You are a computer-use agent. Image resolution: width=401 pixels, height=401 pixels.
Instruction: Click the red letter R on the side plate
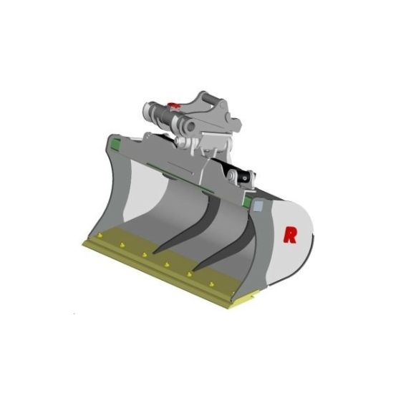tap(290, 234)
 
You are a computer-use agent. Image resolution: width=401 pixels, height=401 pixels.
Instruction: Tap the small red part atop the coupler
tap(172, 109)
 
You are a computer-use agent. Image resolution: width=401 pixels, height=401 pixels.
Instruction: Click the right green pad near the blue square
tap(247, 203)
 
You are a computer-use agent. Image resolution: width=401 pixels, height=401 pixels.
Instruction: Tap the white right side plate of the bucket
tap(294, 243)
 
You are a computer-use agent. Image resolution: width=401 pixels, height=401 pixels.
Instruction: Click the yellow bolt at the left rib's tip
tap(145, 253)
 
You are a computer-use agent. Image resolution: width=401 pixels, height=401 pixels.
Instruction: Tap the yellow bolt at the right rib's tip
tap(190, 273)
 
